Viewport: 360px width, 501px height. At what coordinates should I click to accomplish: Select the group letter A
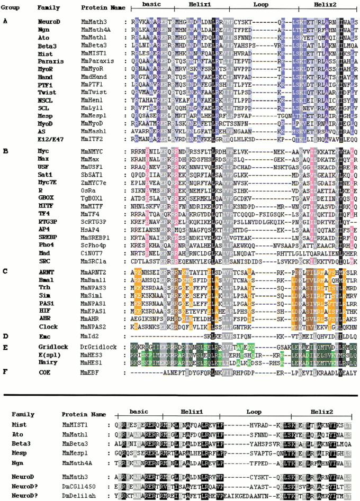click(x=5, y=21)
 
